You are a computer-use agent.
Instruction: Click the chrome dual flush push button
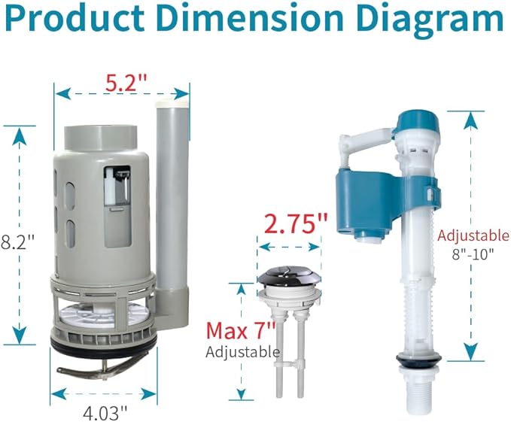289,280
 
